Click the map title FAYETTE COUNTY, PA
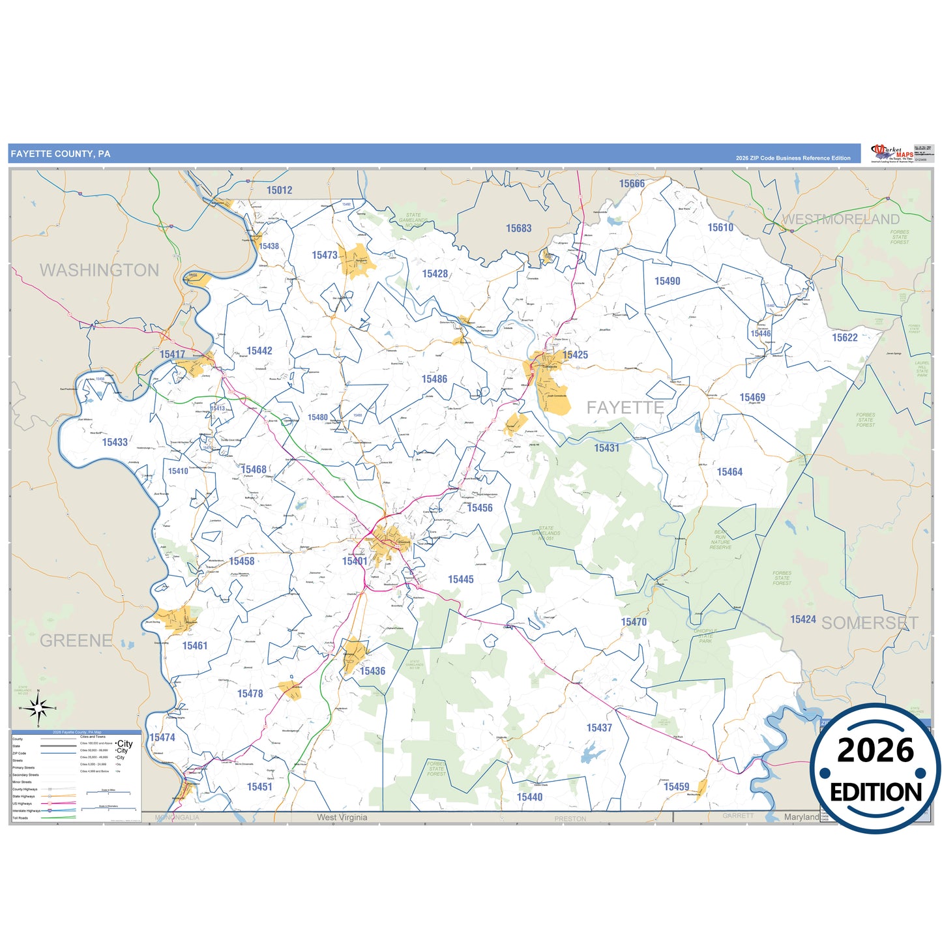61,154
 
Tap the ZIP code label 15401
355,561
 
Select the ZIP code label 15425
575,355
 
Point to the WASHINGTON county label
99,270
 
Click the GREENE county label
76,640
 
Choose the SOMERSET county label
870,623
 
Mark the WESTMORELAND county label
840,219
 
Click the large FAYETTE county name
625,407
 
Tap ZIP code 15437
599,728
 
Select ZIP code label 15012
279,190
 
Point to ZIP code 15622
844,338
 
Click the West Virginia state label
342,817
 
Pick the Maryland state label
801,817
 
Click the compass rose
38,707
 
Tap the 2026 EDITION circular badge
875,769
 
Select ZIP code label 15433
115,442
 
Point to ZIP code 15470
634,622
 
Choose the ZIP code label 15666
632,184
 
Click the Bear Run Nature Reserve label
720,540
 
